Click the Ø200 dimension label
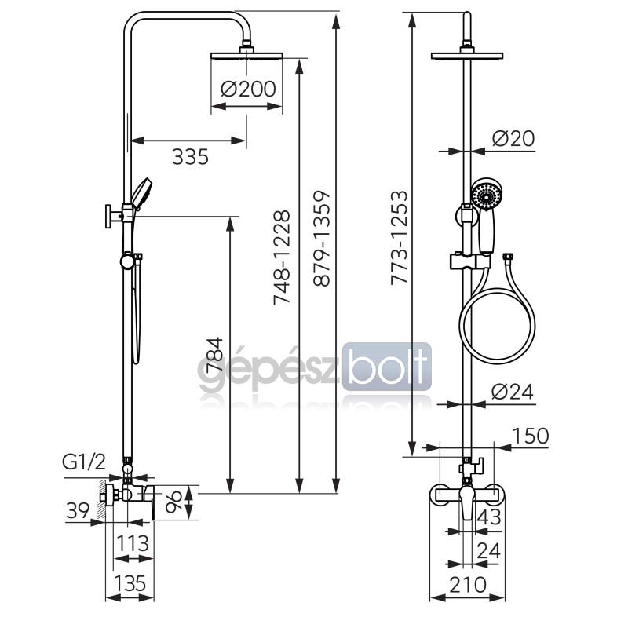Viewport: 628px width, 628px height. pyautogui.click(x=248, y=89)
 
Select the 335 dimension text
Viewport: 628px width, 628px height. pyautogui.click(x=190, y=156)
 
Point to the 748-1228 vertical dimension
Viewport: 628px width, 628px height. pyautogui.click(x=281, y=257)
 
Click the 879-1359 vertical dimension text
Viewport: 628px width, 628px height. pyautogui.click(x=322, y=239)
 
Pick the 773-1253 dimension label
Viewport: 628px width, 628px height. pyautogui.click(x=400, y=238)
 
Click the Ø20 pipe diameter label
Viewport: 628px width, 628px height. pyautogui.click(x=513, y=139)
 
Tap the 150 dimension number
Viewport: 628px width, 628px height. pyautogui.click(x=531, y=436)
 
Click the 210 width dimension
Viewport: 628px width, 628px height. pyautogui.click(x=468, y=585)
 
